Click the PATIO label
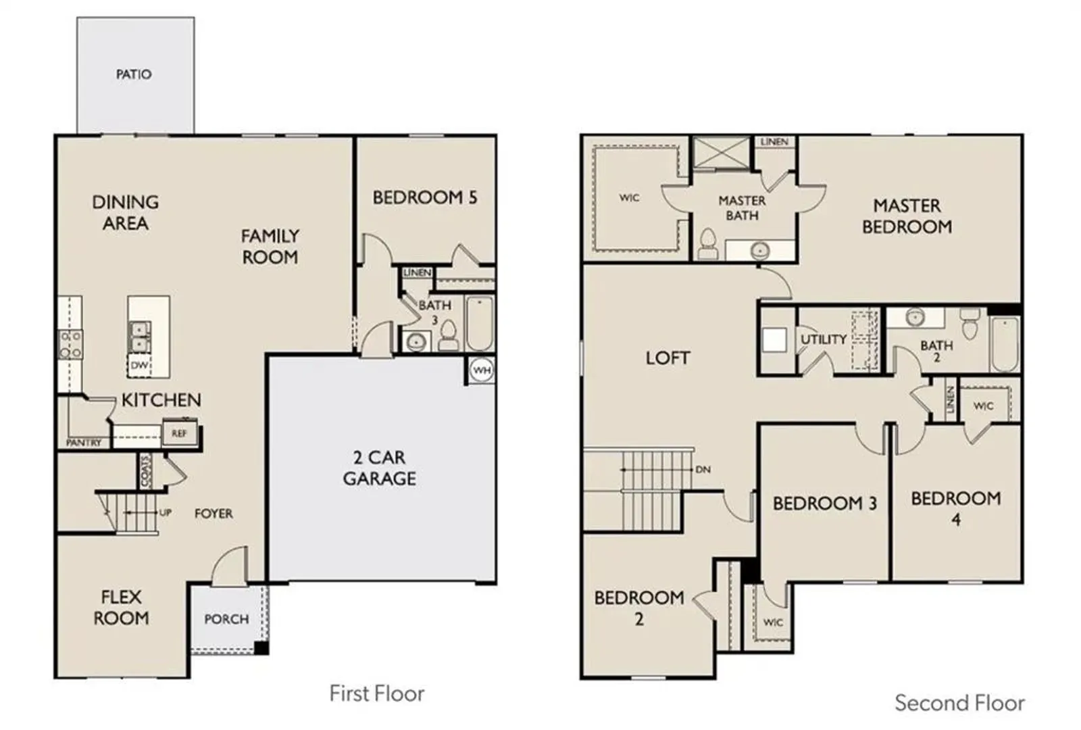[x=134, y=74]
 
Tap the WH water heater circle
[x=482, y=370]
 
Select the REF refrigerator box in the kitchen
[x=180, y=433]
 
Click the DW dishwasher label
[x=139, y=365]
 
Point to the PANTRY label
[x=84, y=442]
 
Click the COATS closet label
[x=145, y=470]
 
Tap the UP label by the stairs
[x=165, y=512]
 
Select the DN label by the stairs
[x=703, y=469]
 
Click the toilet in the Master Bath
[x=708, y=243]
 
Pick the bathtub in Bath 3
[x=479, y=323]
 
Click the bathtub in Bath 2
[x=1004, y=344]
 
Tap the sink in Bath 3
[x=416, y=342]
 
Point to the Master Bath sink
[x=760, y=250]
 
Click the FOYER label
[x=213, y=513]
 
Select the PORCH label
[x=226, y=619]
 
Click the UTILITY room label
[x=824, y=339]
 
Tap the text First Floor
[x=377, y=693]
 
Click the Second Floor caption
[x=960, y=703]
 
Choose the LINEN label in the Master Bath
[x=774, y=142]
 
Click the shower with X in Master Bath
[x=722, y=152]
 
